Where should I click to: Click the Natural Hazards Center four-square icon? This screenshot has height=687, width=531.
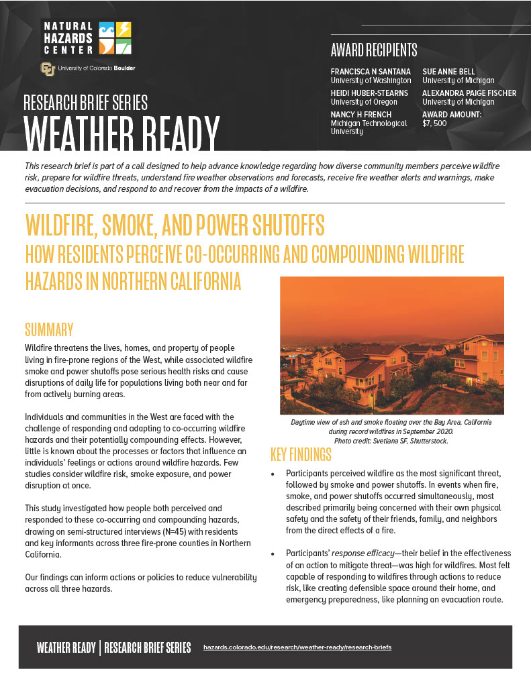pos(115,38)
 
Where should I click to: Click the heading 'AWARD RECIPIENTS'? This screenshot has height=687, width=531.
pos(374,50)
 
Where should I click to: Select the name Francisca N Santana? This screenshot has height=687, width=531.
pos(371,72)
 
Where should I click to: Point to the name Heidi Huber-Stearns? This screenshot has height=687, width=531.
pos(369,93)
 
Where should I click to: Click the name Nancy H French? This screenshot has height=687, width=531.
pos(361,115)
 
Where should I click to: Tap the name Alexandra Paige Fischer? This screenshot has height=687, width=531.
pos(469,93)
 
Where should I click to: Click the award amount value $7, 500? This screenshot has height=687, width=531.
pos(434,123)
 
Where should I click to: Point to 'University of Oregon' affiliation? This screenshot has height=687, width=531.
pos(364,102)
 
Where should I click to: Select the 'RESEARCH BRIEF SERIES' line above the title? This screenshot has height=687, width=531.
pos(85,103)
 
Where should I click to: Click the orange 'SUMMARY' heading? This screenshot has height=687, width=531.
pos(49,329)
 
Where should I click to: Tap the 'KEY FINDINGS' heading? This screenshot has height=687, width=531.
pos(301,455)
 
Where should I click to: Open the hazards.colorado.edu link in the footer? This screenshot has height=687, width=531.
pos(297,647)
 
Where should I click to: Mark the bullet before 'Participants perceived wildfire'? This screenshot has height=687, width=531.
pos(273,474)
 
